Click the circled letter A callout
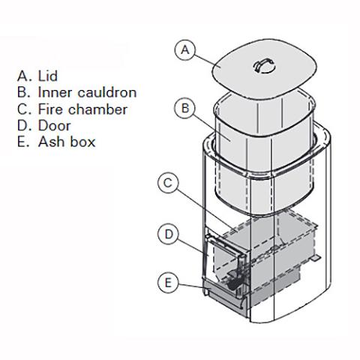[x=184, y=50]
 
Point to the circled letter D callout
[x=169, y=235]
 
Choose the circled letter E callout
[x=169, y=283]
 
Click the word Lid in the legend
[x=47, y=76]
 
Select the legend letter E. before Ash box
[x=22, y=142]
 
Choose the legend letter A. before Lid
[x=22, y=76]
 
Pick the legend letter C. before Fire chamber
[x=22, y=109]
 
